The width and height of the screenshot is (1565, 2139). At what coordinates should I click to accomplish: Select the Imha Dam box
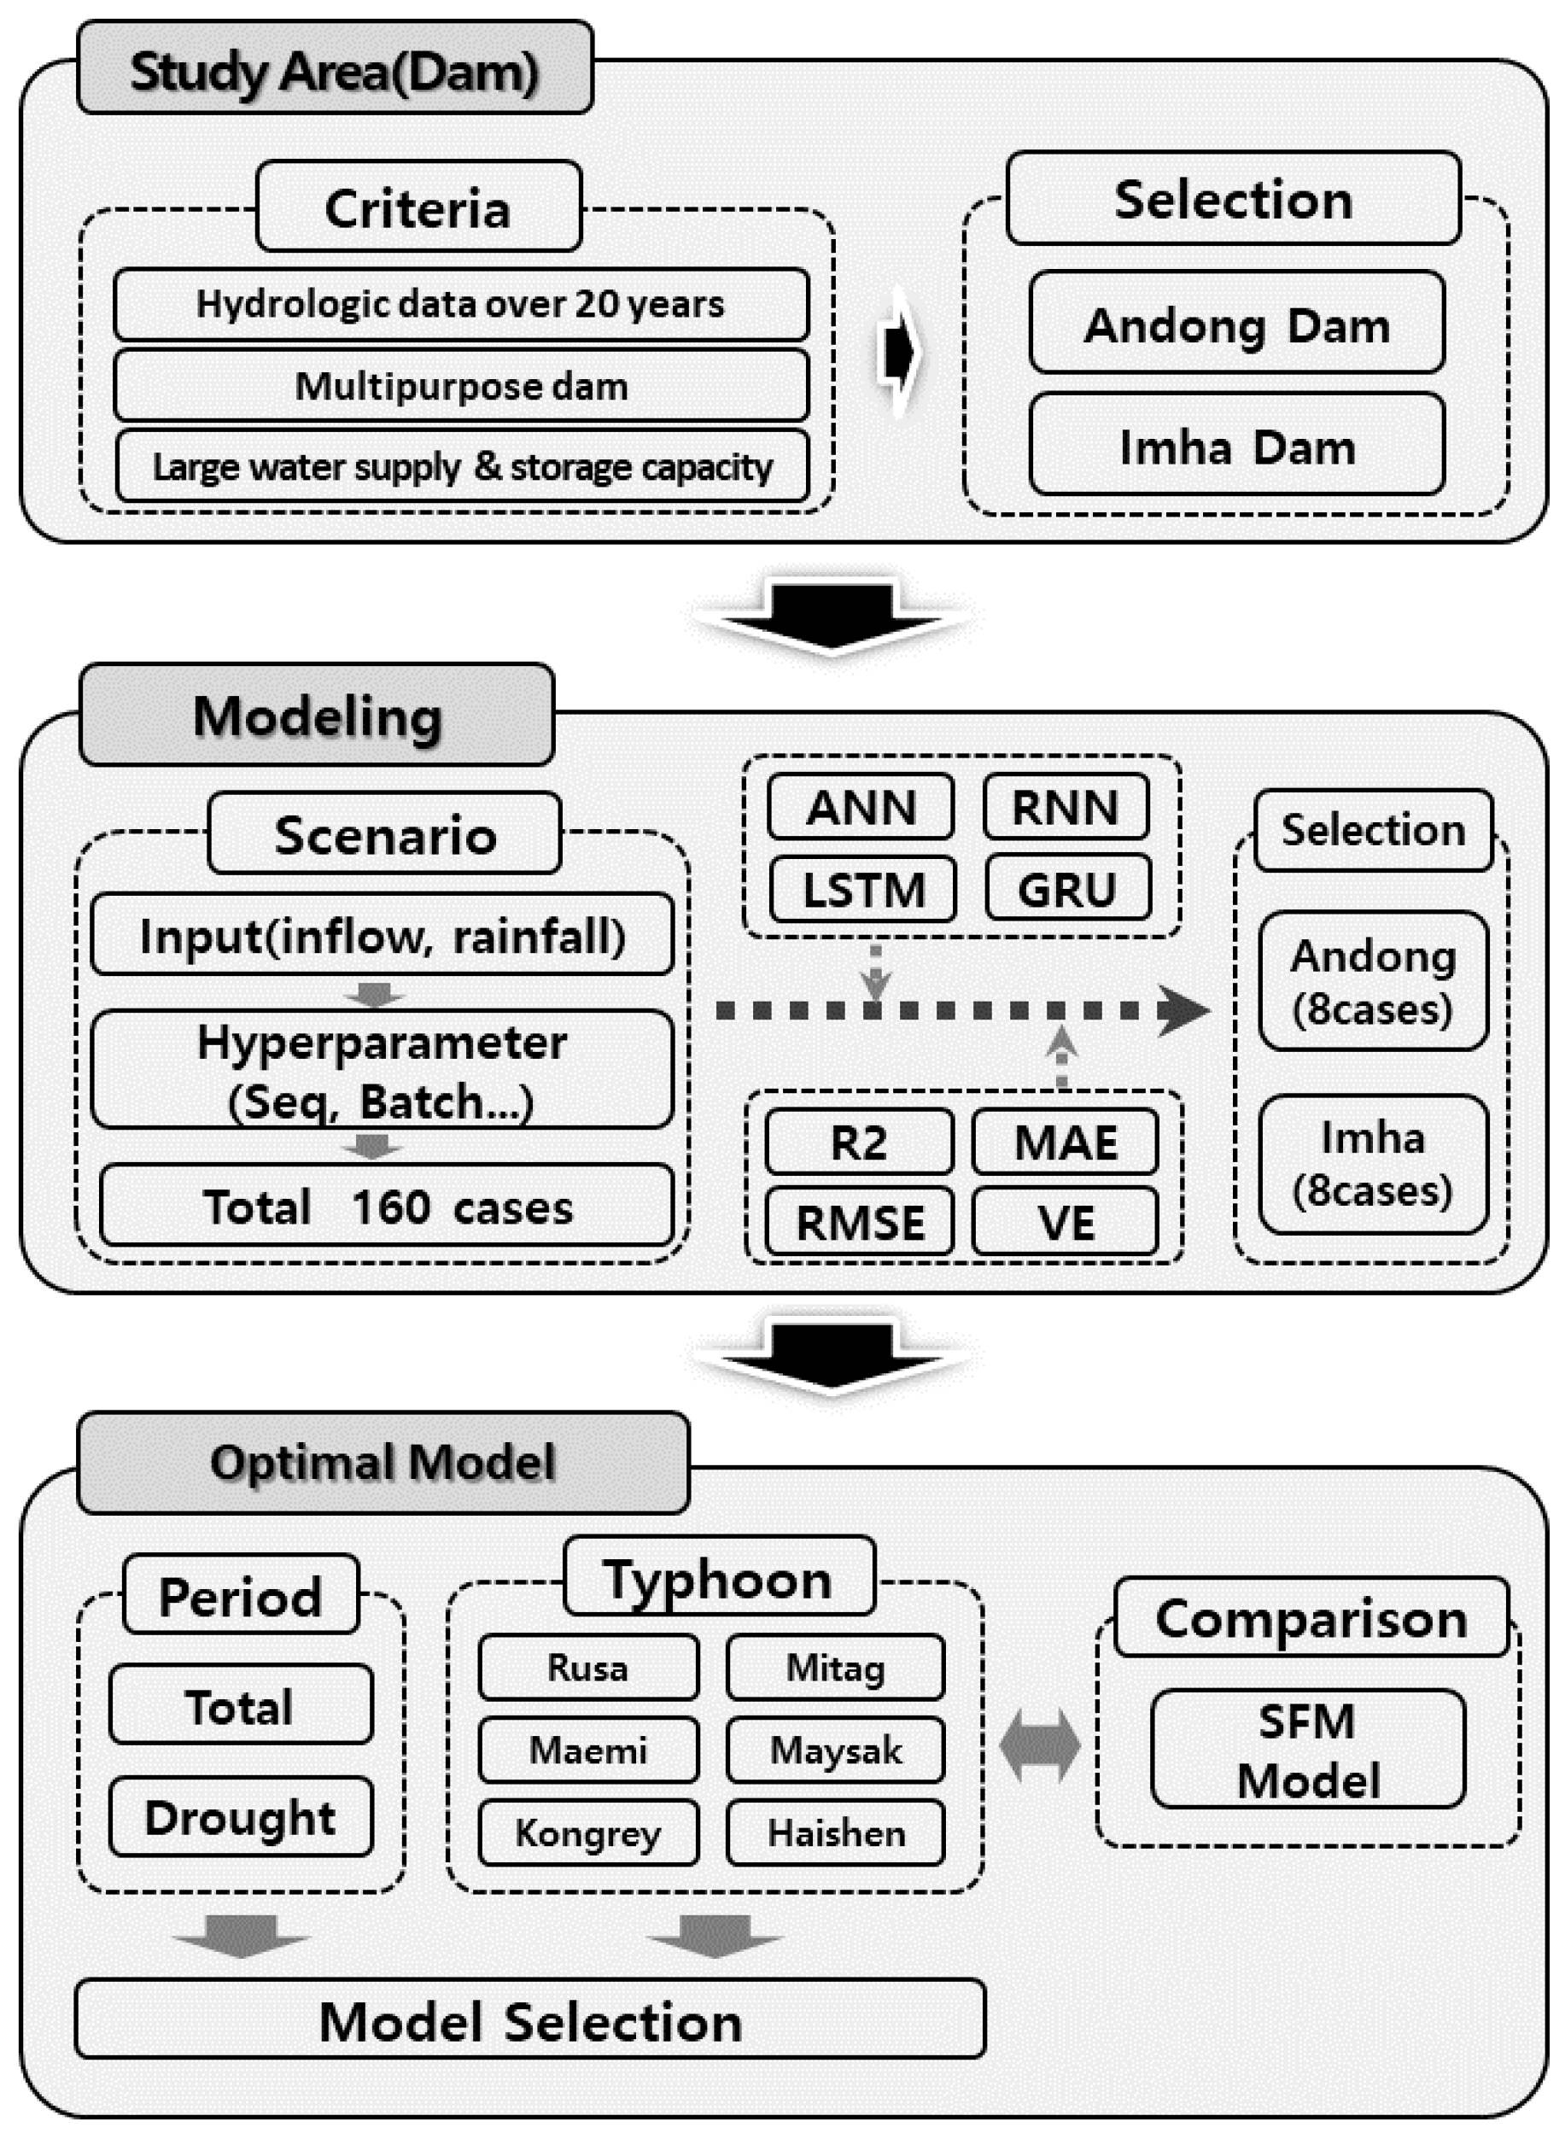(1236, 444)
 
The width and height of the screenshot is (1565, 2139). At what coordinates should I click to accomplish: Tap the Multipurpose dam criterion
(461, 386)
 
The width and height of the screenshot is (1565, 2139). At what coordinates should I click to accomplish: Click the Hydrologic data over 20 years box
(461, 304)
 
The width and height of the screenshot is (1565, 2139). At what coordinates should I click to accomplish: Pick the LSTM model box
(863, 889)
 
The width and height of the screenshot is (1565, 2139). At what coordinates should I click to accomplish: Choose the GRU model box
(1067, 889)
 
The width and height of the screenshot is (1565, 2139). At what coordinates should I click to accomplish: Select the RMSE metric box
(859, 1221)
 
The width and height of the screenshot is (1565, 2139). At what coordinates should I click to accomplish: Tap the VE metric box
(1065, 1221)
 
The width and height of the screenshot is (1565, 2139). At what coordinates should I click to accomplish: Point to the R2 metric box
(859, 1142)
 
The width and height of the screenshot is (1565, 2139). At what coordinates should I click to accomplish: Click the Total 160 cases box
(387, 1206)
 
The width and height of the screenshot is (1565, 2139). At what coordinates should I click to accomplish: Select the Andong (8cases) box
(1373, 980)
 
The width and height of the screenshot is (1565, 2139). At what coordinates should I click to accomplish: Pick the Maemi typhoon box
(588, 1749)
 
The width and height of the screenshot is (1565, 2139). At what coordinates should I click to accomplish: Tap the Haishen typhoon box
(836, 1832)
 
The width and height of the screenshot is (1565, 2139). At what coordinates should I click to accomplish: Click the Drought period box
(241, 1816)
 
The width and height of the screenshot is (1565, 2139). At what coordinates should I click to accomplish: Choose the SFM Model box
(1307, 1749)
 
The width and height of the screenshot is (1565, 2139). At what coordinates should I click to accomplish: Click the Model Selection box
(530, 2020)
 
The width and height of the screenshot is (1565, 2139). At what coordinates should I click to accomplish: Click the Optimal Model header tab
(382, 1462)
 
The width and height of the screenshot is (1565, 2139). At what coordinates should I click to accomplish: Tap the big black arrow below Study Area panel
(832, 616)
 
